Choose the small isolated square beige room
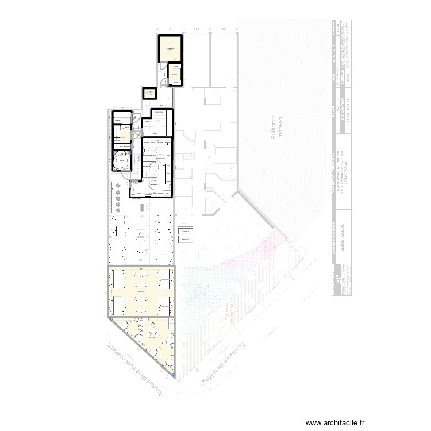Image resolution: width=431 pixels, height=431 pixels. pyautogui.click(x=149, y=93)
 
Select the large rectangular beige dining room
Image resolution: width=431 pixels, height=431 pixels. pyautogui.click(x=140, y=292)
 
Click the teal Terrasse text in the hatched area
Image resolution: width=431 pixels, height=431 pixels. pyautogui.click(x=198, y=293)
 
